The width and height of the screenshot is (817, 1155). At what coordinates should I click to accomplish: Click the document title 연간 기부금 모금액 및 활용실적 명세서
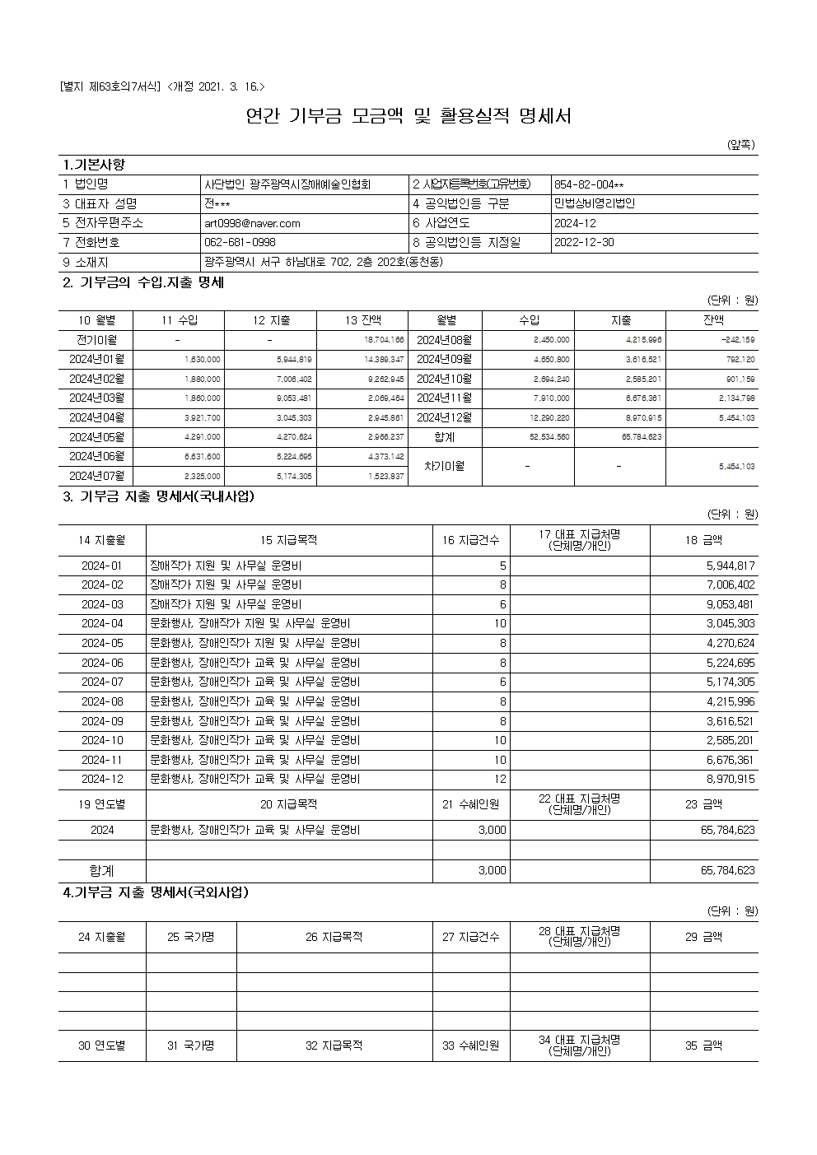(x=408, y=116)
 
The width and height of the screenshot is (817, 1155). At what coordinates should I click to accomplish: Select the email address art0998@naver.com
(x=252, y=223)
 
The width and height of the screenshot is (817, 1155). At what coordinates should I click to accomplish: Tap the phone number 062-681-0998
(x=240, y=243)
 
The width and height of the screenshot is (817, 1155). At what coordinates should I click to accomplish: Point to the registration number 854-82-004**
(x=589, y=184)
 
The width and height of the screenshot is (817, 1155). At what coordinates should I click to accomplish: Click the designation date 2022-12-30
(x=584, y=243)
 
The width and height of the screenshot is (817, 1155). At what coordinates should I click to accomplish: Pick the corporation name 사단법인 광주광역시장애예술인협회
(x=287, y=184)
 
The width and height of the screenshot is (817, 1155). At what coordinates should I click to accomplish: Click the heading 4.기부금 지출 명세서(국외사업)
(x=156, y=892)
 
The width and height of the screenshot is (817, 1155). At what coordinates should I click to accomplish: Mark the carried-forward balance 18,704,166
(x=384, y=340)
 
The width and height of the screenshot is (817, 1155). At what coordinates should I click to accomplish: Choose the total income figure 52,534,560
(x=549, y=437)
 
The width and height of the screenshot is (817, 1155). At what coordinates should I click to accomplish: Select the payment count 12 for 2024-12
(x=500, y=779)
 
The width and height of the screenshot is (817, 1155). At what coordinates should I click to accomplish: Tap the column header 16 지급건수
(x=471, y=540)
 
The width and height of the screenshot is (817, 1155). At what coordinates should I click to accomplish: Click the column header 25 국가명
(x=191, y=937)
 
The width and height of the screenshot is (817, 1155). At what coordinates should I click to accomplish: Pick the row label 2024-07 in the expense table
(x=102, y=682)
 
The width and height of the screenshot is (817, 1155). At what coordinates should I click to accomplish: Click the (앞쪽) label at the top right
(x=740, y=145)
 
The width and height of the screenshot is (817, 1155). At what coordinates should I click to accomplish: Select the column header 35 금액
(x=703, y=1046)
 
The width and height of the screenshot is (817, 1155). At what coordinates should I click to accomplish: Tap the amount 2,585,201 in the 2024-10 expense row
(x=730, y=740)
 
